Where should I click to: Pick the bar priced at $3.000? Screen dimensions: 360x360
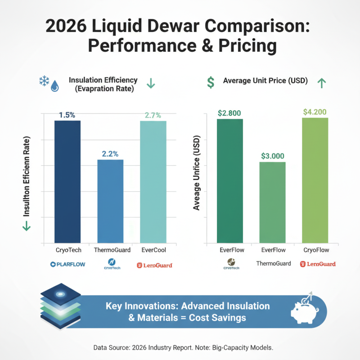(x=273, y=202)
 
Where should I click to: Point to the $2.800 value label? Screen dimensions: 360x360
(x=230, y=113)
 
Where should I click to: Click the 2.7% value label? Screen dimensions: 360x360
(x=153, y=115)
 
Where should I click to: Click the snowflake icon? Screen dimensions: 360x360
(x=44, y=81)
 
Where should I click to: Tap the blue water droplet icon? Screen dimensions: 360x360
(x=55, y=85)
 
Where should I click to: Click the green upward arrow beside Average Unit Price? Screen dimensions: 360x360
(x=321, y=82)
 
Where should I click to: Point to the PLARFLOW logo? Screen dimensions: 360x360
(x=67, y=265)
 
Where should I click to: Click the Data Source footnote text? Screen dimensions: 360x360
(x=180, y=348)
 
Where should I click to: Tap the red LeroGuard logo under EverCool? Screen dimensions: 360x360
(x=154, y=265)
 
